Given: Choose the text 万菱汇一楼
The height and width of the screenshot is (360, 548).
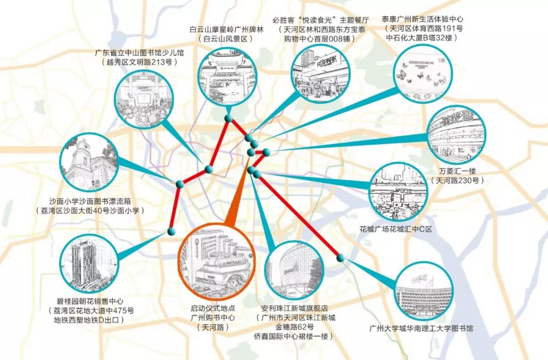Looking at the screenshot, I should click(x=456, y=171).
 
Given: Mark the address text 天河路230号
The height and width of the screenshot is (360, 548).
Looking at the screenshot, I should click(x=456, y=180).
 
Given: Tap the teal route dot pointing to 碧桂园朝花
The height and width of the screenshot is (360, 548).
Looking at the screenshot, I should click(x=170, y=232).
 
